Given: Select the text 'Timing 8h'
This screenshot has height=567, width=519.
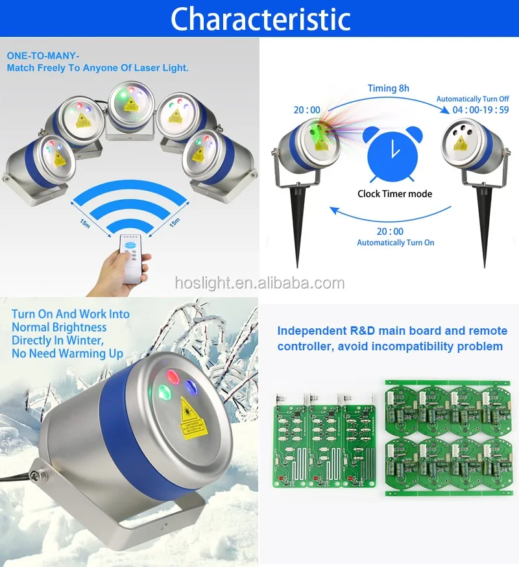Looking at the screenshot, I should [389, 88].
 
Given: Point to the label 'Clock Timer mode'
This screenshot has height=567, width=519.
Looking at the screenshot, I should [394, 193].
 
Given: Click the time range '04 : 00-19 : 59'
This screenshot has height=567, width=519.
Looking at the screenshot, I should [472, 110].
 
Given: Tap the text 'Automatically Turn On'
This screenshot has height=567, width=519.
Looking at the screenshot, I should [395, 243].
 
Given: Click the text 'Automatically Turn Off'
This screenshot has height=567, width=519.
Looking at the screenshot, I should [472, 99].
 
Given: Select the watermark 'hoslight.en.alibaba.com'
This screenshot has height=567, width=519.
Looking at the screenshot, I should [259, 283].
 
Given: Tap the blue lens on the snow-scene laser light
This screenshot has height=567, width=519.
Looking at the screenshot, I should [191, 387].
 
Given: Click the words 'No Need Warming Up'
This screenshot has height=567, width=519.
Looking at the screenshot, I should [67, 354].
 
